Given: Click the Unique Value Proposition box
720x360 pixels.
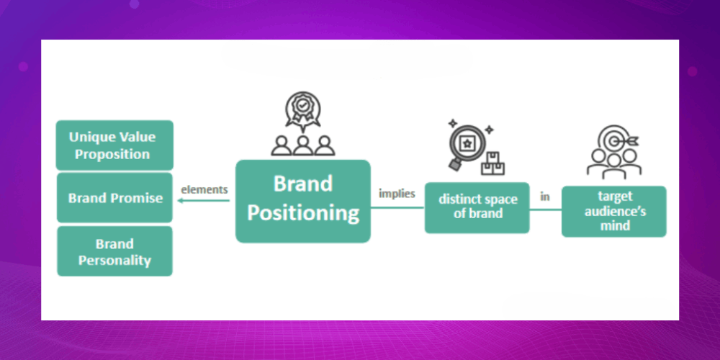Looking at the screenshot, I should (x=114, y=145).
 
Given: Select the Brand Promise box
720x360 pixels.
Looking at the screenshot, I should (x=114, y=197).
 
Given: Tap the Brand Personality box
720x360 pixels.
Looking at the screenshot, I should (x=114, y=251).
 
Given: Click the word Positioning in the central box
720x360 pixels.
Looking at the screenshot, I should (x=302, y=213).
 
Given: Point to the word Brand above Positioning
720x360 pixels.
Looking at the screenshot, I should (x=302, y=184).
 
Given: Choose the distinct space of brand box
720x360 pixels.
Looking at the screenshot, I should (x=477, y=207).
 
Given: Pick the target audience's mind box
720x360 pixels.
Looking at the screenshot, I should (x=613, y=211).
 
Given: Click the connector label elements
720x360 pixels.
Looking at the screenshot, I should (x=204, y=189).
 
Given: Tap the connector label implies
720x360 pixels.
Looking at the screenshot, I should (x=397, y=193).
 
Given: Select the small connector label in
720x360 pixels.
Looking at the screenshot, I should (x=545, y=196).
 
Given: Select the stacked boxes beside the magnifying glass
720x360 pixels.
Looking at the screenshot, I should (x=493, y=164).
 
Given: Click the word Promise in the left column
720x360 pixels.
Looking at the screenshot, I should (x=137, y=197).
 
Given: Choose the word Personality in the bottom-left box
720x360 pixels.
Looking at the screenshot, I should (x=114, y=260).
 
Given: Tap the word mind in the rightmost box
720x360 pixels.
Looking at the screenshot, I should (x=613, y=225).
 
